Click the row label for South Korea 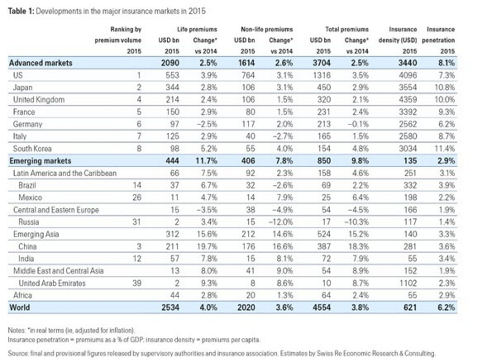(32, 148)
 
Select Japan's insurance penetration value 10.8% (445, 87)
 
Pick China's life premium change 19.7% (209, 246)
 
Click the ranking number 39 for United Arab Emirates (137, 283)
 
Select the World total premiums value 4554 (322, 307)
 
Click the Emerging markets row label (40, 161)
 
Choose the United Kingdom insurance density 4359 (408, 100)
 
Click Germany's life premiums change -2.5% (207, 124)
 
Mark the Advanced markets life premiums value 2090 (170, 63)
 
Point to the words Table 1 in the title (21, 11)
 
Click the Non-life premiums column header (267, 29)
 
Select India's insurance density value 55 (412, 258)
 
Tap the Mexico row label (30, 197)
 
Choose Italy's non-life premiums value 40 (250, 136)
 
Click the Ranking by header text (126, 29)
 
